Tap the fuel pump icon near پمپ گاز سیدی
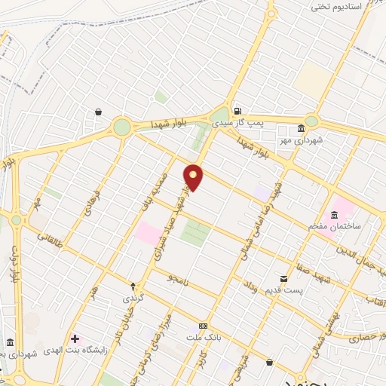point(238,108)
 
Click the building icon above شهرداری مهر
point(302,127)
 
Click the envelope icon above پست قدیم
point(283,278)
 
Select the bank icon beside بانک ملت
point(201,326)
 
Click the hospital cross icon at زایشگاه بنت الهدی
point(74,337)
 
